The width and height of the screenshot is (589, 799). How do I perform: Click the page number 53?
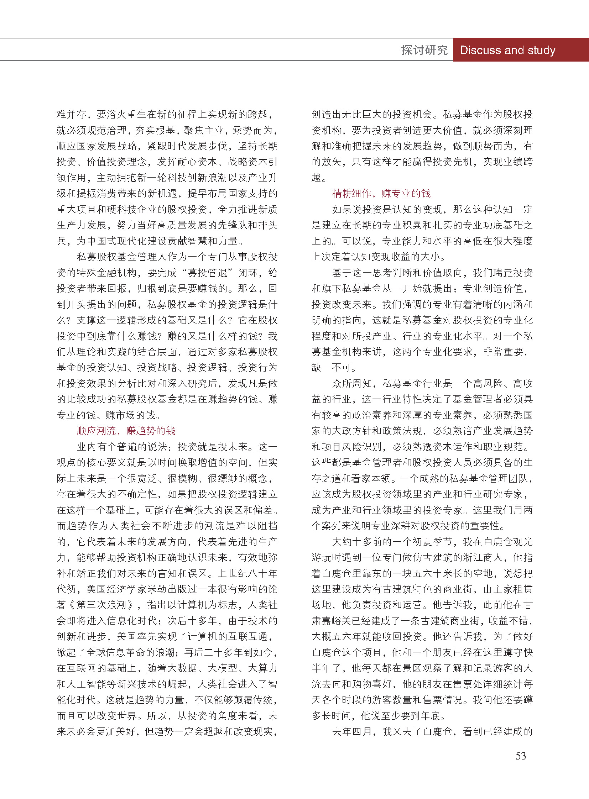[x=521, y=756]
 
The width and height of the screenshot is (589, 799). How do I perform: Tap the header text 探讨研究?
[x=424, y=50]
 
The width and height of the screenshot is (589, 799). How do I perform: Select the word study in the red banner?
[x=541, y=50]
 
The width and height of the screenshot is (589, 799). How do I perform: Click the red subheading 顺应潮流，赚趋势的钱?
[x=126, y=431]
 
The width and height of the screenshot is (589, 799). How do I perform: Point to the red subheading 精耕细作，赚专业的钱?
[x=381, y=193]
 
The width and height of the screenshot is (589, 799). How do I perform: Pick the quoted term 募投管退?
[x=207, y=273]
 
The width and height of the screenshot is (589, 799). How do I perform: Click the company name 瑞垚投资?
[x=513, y=273]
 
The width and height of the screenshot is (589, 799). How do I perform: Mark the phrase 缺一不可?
[x=332, y=367]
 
